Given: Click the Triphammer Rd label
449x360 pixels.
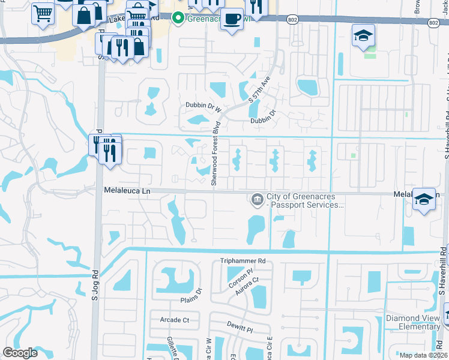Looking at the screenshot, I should [242, 261].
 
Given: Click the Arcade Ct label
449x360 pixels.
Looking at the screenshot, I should [174, 320].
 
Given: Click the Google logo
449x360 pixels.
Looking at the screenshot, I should [20, 353].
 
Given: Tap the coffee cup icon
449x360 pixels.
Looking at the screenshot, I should [232, 19].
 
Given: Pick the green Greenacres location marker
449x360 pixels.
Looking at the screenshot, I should [178, 18].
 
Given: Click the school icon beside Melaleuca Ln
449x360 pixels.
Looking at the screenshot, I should [424, 200].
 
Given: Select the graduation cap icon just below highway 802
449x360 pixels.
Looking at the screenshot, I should [363, 36].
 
